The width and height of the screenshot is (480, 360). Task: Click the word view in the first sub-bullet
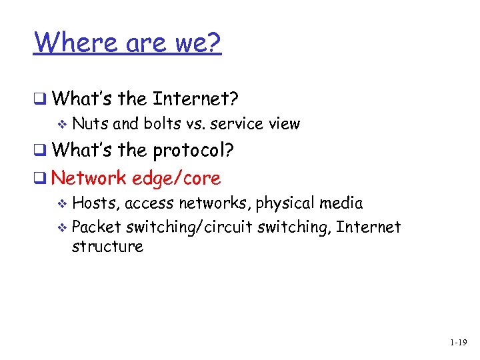pos(285,124)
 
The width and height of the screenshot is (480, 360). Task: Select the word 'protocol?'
pos(193,151)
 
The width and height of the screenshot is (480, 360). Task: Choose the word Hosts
pos(95,203)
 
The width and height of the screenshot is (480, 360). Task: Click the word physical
pos(286,203)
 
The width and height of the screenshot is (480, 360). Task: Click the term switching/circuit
pos(191,227)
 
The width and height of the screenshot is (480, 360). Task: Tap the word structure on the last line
pos(107,247)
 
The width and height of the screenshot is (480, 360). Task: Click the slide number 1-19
pos(458,343)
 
